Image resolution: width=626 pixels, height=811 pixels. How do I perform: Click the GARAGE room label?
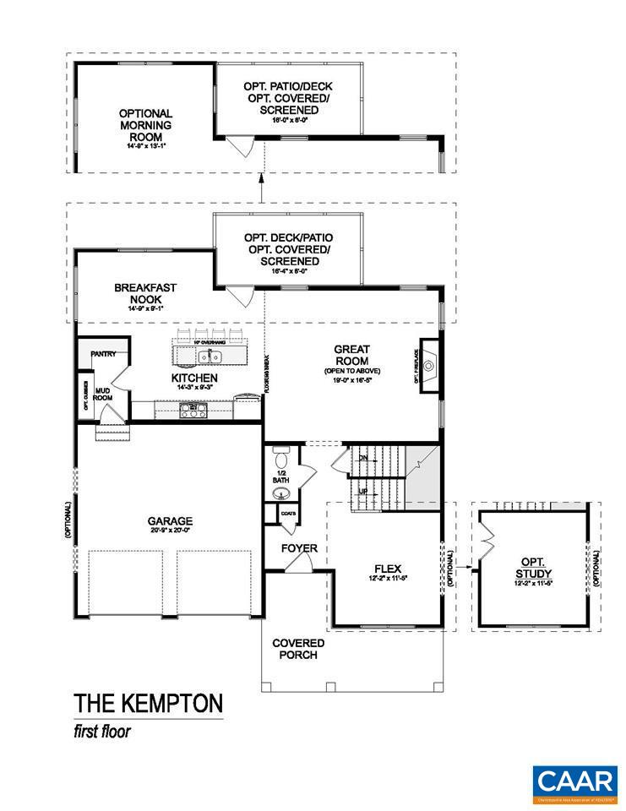point(171,521)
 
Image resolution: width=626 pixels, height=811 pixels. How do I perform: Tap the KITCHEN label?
point(195,378)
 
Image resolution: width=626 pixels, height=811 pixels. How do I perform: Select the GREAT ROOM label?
point(352,354)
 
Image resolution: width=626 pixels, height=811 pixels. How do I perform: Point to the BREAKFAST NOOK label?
point(145,293)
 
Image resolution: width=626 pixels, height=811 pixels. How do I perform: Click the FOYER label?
point(299,548)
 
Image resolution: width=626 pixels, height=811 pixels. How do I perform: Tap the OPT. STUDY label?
point(531,568)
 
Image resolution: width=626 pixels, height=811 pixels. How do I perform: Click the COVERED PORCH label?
point(298,649)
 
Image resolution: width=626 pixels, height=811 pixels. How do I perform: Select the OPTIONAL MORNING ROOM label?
point(145,125)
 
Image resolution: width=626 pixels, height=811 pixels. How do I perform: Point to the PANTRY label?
point(103,354)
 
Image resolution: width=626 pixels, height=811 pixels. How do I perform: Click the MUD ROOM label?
point(103,393)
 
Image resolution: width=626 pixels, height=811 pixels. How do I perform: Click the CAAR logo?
point(574,781)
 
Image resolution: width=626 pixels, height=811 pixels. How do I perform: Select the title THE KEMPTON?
point(149,703)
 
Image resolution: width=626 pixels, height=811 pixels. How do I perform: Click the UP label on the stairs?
point(363,490)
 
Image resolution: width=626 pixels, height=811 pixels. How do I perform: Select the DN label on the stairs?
point(363,458)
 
